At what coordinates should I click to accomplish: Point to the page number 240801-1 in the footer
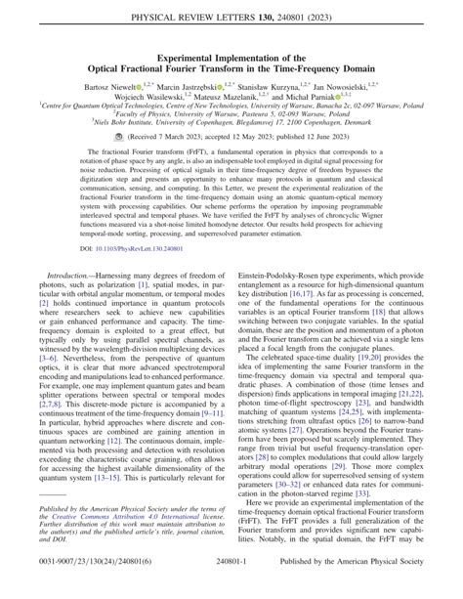coord(231,590)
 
